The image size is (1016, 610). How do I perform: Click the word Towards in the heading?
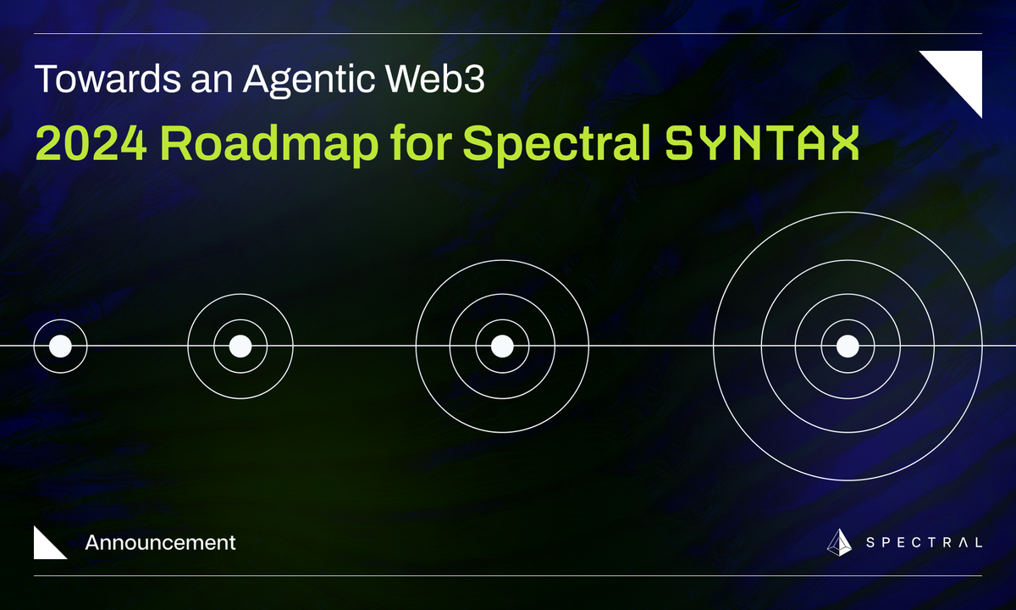pyautogui.click(x=92, y=80)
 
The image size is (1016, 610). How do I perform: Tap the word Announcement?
pyautogui.click(x=160, y=542)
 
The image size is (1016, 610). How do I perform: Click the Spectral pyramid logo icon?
pyautogui.click(x=839, y=542)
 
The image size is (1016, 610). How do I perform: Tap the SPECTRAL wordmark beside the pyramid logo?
pyautogui.click(x=924, y=543)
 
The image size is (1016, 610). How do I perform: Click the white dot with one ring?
pyautogui.click(x=60, y=346)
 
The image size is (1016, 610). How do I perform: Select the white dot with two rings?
pyautogui.click(x=240, y=346)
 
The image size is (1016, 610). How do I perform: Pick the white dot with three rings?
pyautogui.click(x=502, y=346)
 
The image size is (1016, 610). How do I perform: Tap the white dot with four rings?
pyautogui.click(x=848, y=346)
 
